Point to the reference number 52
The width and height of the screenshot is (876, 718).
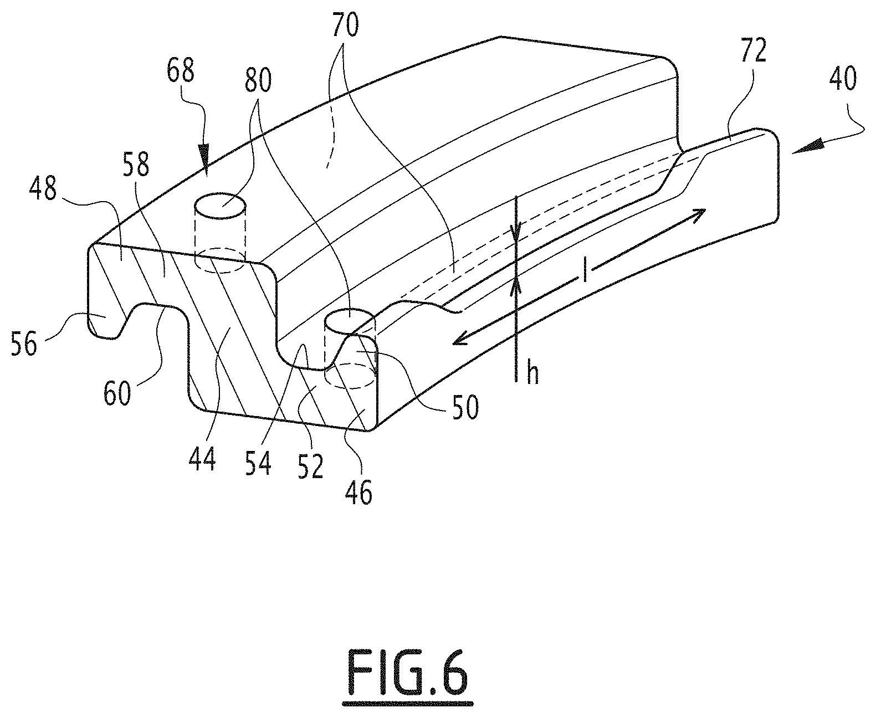pos(310,467)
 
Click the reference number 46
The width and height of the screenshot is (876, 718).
pos(358,491)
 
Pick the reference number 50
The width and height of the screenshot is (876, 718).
pos(464,407)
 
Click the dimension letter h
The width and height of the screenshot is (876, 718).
pos(532,375)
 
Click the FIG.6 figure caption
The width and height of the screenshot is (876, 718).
pos(407,673)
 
